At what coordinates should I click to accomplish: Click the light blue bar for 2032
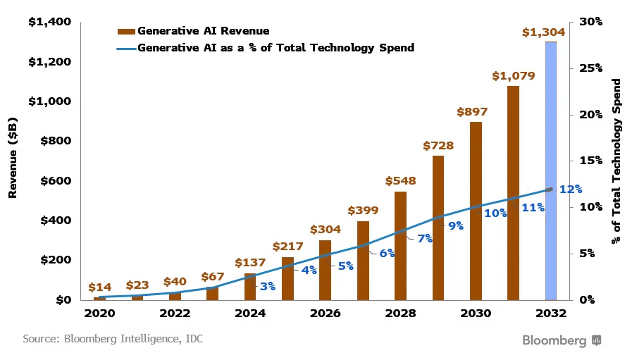(x=551, y=170)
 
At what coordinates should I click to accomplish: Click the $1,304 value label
(x=543, y=32)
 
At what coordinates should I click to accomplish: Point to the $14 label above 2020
(x=99, y=287)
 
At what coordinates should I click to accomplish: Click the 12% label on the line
(x=570, y=189)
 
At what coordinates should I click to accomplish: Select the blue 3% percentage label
(x=267, y=286)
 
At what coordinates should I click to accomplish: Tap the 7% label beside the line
(x=425, y=238)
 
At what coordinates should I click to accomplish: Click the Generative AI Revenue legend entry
(x=193, y=31)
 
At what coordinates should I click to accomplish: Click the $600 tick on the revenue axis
(x=54, y=181)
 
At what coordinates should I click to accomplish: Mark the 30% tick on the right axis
(x=591, y=23)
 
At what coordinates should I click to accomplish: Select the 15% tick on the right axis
(x=591, y=161)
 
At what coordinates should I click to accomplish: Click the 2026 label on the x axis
(x=325, y=314)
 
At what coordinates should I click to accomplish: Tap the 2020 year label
(x=99, y=314)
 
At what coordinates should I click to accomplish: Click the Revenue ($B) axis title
(x=13, y=161)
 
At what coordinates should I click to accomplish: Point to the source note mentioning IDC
(x=113, y=340)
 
